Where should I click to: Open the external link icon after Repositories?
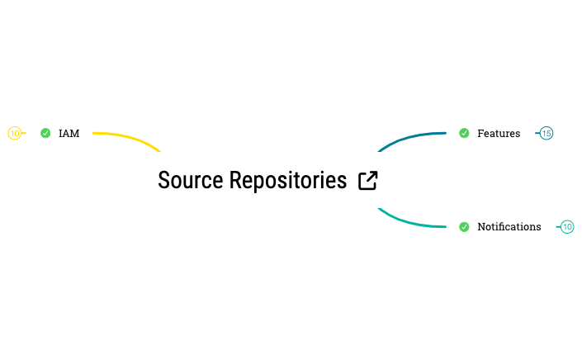pyautogui.click(x=368, y=181)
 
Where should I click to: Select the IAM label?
pyautogui.click(x=69, y=133)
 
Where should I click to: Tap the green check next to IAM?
pyautogui.click(x=45, y=133)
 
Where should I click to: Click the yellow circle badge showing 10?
pyautogui.click(x=14, y=133)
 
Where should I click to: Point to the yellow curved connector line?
pyautogui.click(x=132, y=138)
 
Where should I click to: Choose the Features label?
pyautogui.click(x=499, y=133)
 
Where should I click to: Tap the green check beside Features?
pyautogui.click(x=464, y=133)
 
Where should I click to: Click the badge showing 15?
pyautogui.click(x=547, y=133)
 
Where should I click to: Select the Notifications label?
pyautogui.click(x=509, y=226)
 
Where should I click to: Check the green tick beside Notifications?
pyautogui.click(x=464, y=226)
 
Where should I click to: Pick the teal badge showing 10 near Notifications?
pyautogui.click(x=567, y=226)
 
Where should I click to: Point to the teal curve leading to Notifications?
pyautogui.click(x=409, y=222)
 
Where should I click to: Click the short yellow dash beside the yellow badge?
pyautogui.click(x=24, y=133)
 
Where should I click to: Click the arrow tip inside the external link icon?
pyautogui.click(x=374, y=174)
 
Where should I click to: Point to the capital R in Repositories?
pyautogui.click(x=234, y=180)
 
